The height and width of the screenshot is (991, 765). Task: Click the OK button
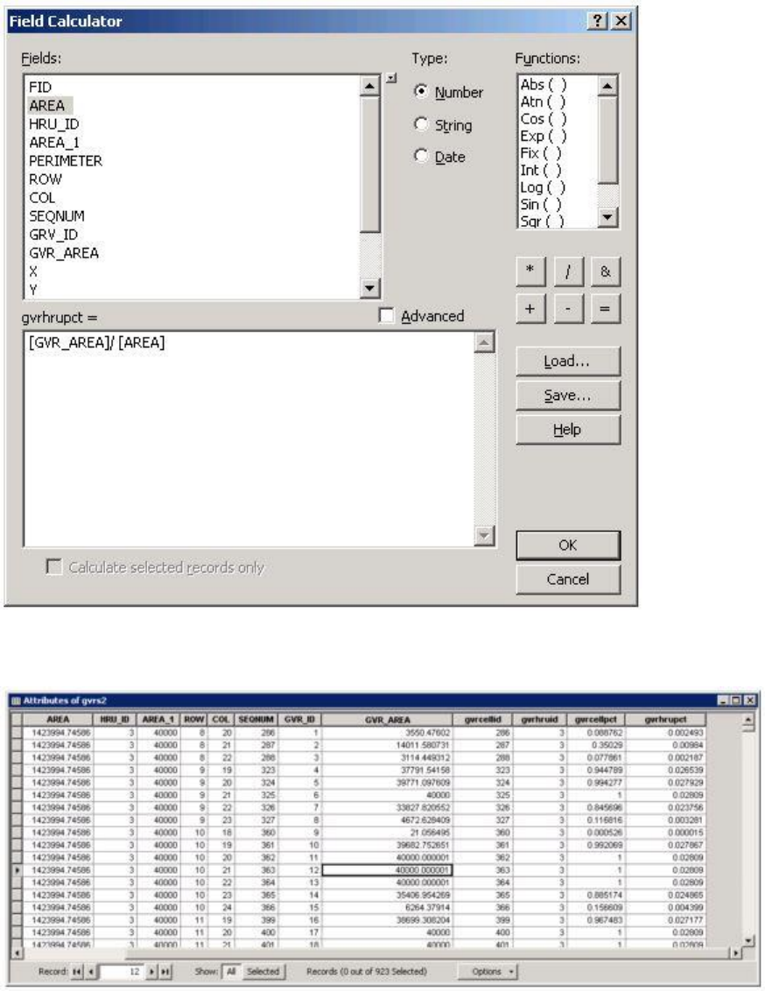point(568,545)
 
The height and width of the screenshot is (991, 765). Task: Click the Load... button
point(568,361)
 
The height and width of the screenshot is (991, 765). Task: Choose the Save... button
point(568,395)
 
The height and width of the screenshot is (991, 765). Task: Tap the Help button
point(568,430)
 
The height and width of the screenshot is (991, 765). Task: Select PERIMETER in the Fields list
point(66,160)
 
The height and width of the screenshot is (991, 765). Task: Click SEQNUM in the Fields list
point(57,215)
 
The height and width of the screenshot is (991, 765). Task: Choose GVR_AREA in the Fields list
point(64,253)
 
